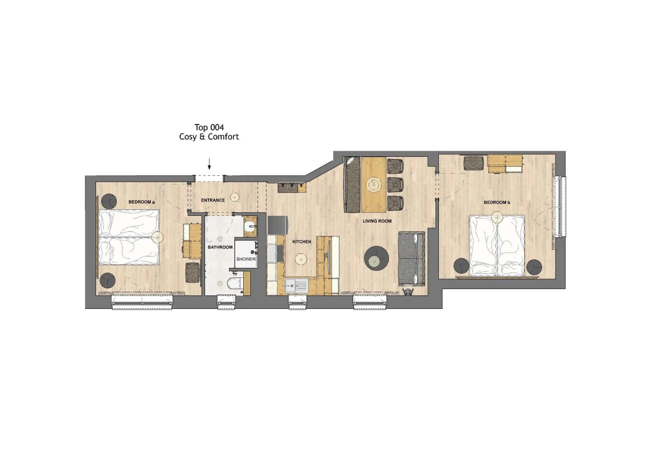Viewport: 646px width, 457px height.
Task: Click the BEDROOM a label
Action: [141, 202]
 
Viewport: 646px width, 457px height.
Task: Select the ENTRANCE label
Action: [213, 200]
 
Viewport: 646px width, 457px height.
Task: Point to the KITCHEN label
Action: [302, 241]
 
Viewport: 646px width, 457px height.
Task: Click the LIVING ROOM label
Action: [377, 221]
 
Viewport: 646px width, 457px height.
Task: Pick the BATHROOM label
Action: [220, 247]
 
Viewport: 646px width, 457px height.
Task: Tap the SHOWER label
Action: [246, 259]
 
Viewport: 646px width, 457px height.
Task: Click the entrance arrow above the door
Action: [209, 164]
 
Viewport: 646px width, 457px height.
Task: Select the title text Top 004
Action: [209, 127]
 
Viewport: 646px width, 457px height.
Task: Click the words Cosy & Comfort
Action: [209, 137]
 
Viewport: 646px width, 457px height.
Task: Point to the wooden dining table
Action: [374, 184]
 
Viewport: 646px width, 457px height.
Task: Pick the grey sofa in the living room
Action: [411, 258]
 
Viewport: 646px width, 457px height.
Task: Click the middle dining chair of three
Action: [395, 185]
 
